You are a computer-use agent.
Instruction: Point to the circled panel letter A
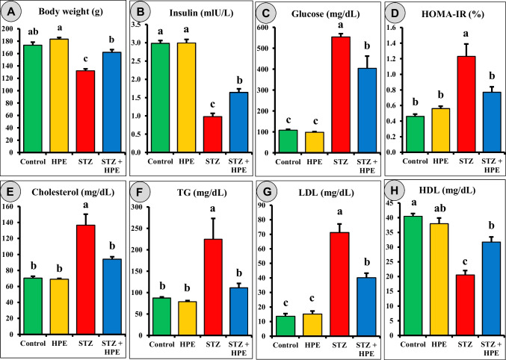tap(13, 13)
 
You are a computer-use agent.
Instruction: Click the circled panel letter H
tap(390, 191)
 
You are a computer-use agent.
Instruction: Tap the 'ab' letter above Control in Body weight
tap(33, 32)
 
